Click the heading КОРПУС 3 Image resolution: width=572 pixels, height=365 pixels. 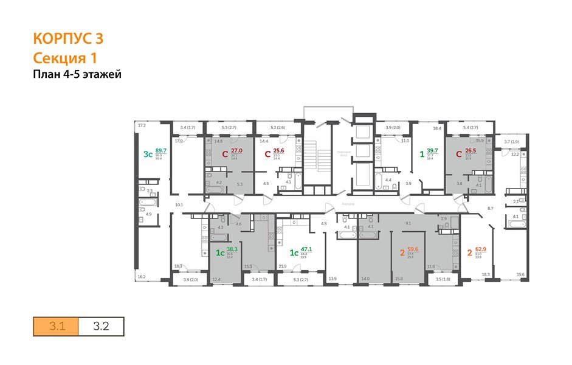pyautogui.click(x=67, y=39)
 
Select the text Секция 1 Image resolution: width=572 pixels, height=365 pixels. pyautogui.click(x=64, y=58)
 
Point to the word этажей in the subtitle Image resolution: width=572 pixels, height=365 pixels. pyautogui.click(x=105, y=75)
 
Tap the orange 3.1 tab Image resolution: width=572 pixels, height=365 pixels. pyautogui.click(x=57, y=326)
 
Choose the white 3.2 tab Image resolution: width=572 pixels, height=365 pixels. pyautogui.click(x=101, y=326)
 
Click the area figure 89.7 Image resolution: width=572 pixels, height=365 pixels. pyautogui.click(x=161, y=150)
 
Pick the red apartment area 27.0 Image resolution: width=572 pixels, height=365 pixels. pyautogui.click(x=236, y=150)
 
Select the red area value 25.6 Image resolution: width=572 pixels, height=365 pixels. pyautogui.click(x=279, y=151)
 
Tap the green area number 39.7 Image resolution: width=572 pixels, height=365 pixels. pyautogui.click(x=432, y=151)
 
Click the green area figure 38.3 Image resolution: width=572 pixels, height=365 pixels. pyautogui.click(x=232, y=249)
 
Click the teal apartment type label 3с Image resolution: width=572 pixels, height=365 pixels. pyautogui.click(x=147, y=154)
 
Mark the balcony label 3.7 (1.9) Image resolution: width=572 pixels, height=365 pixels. pyautogui.click(x=512, y=142)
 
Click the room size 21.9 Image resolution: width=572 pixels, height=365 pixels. pyautogui.click(x=283, y=266)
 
